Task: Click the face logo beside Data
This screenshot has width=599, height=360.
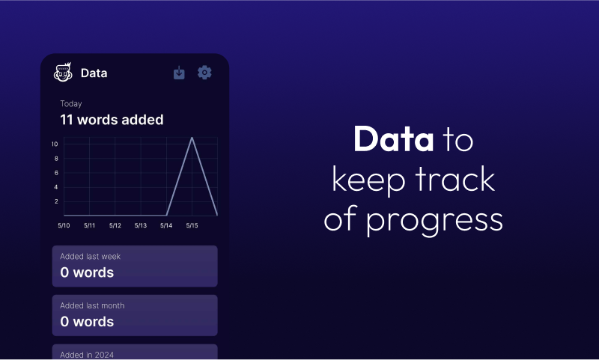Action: pyautogui.click(x=63, y=72)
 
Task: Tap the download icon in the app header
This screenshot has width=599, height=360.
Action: pyautogui.click(x=179, y=73)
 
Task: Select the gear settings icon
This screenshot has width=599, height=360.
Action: pyautogui.click(x=204, y=72)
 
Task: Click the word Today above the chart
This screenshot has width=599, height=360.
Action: pyautogui.click(x=71, y=104)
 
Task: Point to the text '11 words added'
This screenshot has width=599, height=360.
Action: pyautogui.click(x=112, y=120)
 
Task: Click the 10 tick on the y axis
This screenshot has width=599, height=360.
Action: pyautogui.click(x=55, y=144)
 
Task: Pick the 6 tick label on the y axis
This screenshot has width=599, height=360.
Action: pyautogui.click(x=56, y=173)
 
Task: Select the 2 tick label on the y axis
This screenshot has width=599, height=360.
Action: pyautogui.click(x=56, y=201)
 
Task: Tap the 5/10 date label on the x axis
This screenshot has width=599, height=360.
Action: pyautogui.click(x=64, y=225)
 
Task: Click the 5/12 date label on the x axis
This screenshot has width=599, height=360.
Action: pyautogui.click(x=115, y=225)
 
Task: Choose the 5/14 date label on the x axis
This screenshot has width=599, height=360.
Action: pyautogui.click(x=166, y=225)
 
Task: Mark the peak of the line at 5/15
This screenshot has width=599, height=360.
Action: pyautogui.click(x=192, y=138)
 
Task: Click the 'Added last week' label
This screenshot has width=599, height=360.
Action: pyautogui.click(x=90, y=257)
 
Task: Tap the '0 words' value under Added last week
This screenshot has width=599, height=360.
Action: pyautogui.click(x=87, y=272)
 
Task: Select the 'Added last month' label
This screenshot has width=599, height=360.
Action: pyautogui.click(x=92, y=305)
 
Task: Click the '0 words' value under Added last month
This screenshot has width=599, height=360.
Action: pyautogui.click(x=87, y=322)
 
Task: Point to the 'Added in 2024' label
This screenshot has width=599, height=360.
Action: pyautogui.click(x=87, y=355)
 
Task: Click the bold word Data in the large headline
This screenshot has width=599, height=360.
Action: pyautogui.click(x=394, y=139)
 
